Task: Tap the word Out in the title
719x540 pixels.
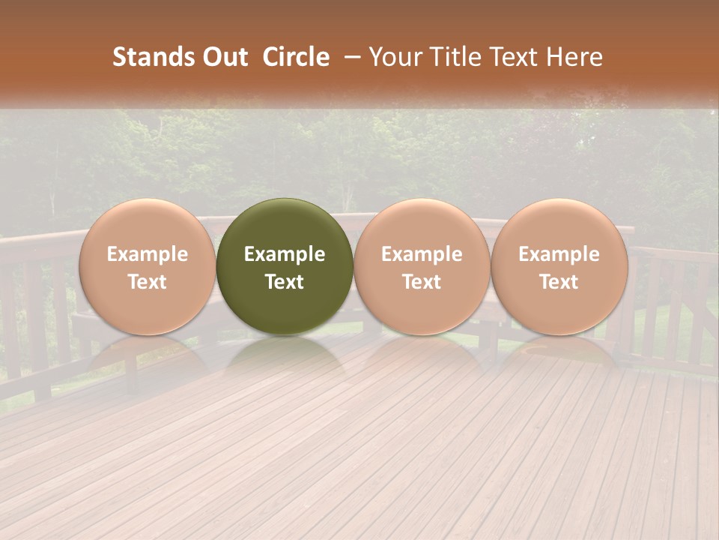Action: pyautogui.click(x=222, y=57)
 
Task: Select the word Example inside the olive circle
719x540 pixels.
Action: pyautogui.click(x=285, y=255)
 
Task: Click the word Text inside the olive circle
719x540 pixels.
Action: pyautogui.click(x=285, y=282)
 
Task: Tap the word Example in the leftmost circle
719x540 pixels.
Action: pyautogui.click(x=147, y=255)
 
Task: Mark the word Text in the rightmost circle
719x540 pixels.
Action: pyautogui.click(x=559, y=282)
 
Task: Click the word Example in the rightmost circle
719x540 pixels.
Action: pyautogui.click(x=559, y=255)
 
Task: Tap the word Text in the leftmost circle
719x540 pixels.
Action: pyautogui.click(x=147, y=282)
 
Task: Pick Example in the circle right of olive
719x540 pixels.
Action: pyautogui.click(x=422, y=255)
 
